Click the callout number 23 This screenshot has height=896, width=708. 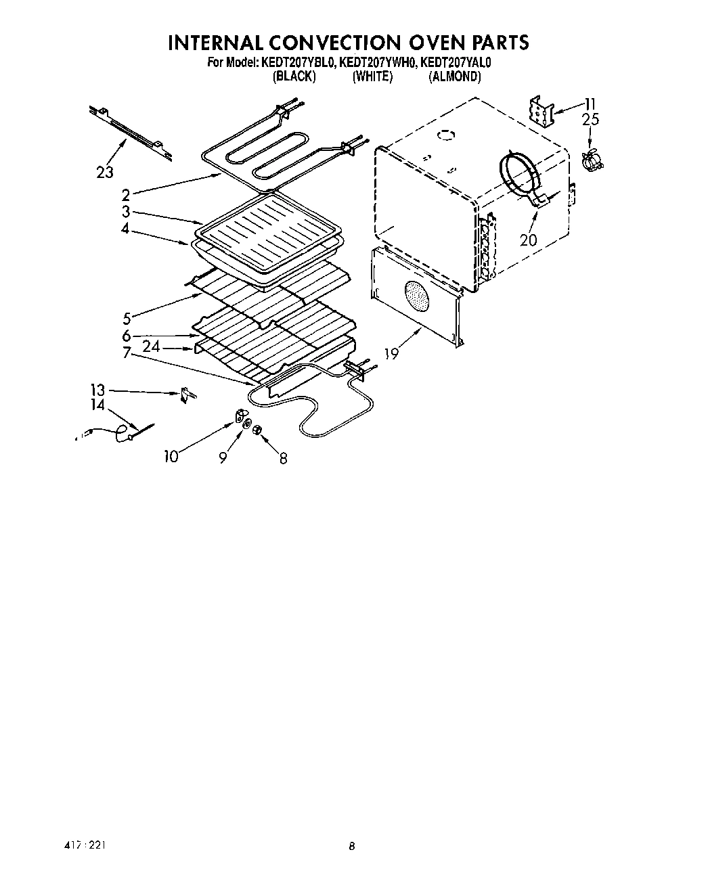click(105, 173)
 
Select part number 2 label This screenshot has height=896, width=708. click(125, 196)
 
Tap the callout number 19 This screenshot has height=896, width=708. click(391, 353)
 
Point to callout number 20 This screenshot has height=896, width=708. click(529, 239)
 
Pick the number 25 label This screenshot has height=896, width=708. click(590, 120)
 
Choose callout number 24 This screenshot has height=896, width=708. click(152, 346)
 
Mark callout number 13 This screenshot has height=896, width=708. click(98, 390)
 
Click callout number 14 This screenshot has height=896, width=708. click(98, 405)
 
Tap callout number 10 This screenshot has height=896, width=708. click(171, 457)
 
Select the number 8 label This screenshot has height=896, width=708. click(283, 458)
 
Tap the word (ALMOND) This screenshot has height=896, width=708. click(455, 76)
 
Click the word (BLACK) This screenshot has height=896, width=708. click(294, 76)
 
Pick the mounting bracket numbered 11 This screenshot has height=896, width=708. click(542, 111)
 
